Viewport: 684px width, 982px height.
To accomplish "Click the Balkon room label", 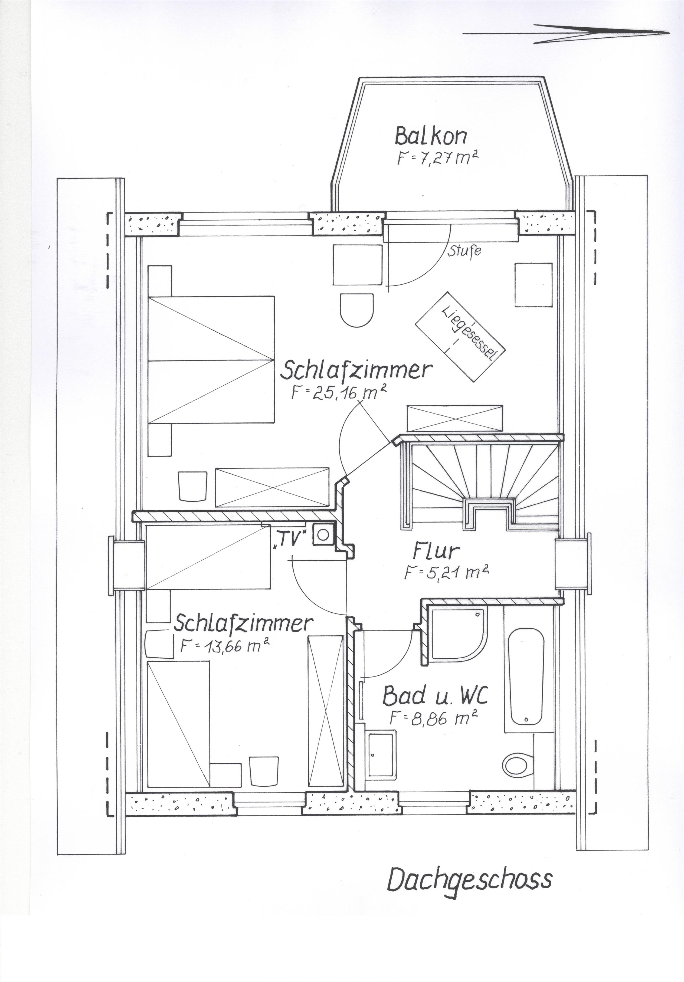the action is point(430,136).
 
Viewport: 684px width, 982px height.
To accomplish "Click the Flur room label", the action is point(436,552).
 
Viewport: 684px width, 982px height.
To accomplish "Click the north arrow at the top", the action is point(565,33).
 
